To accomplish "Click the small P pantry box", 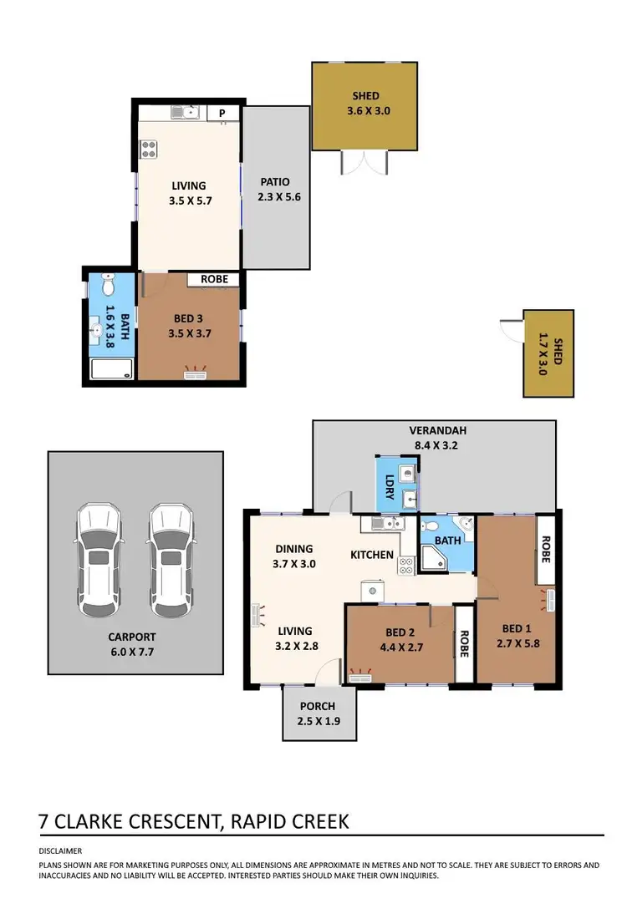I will (x=222, y=114).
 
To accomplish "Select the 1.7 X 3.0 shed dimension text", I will (x=541, y=354).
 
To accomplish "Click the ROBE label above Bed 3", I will (x=214, y=280).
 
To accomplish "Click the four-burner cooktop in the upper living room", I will (x=150, y=150).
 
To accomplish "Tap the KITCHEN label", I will (x=371, y=555).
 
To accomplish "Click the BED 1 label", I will (x=516, y=628).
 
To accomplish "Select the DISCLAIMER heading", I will (x=60, y=851).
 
